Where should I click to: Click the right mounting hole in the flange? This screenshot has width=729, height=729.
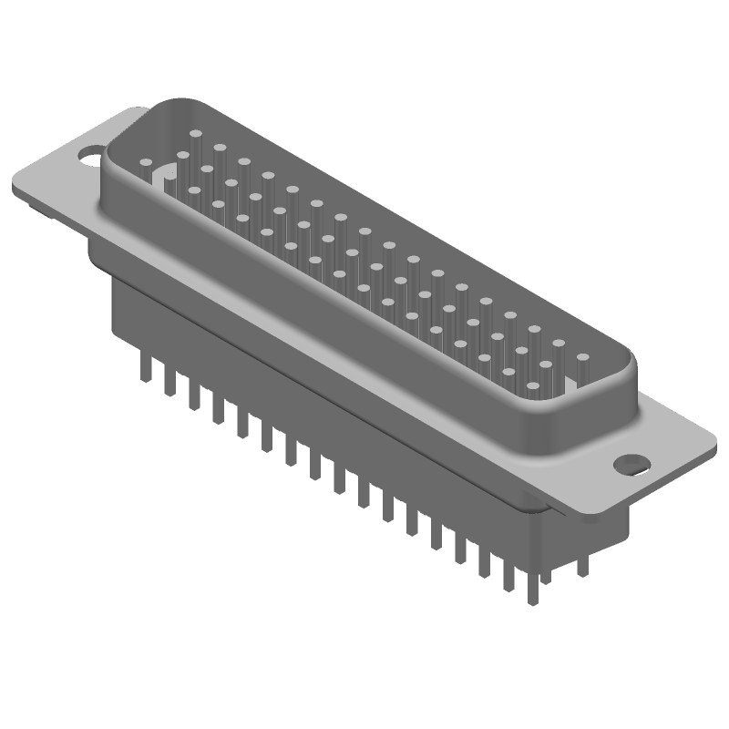(630, 463)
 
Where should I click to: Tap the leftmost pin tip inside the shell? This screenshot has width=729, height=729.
(145, 162)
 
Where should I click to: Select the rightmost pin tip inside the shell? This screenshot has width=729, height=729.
(582, 358)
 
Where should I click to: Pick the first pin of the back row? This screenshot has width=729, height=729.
(195, 133)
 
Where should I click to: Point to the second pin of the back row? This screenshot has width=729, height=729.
(220, 147)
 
